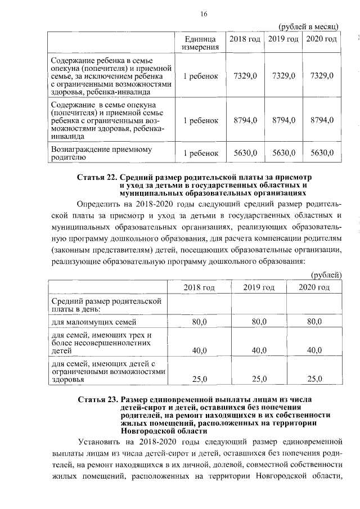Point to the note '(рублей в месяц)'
[308, 26]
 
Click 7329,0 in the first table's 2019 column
[283, 75]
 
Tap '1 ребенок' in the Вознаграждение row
[200, 153]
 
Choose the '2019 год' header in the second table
[259, 287]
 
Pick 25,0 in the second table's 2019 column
[259, 379]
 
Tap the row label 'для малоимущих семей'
[90, 322]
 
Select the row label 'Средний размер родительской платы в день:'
[106, 305]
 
